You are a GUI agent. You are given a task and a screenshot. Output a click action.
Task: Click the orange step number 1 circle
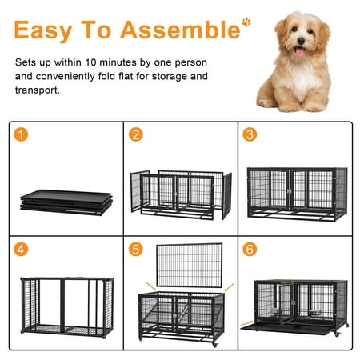click(21, 134)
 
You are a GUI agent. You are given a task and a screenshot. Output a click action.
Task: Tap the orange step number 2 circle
click(136, 134)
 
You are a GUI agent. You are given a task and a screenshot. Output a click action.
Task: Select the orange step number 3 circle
click(250, 134)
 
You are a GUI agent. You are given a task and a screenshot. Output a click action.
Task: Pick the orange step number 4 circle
click(21, 250)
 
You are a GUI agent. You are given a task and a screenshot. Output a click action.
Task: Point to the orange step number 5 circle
click(136, 250)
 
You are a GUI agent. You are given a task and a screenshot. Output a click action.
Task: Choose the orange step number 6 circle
click(250, 250)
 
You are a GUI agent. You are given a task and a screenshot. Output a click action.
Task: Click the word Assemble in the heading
click(180, 30)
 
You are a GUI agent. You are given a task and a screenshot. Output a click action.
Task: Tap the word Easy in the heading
click(43, 31)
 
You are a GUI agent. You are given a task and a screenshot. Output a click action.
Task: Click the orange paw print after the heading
click(246, 22)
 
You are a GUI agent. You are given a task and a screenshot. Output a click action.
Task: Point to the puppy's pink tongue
click(300, 52)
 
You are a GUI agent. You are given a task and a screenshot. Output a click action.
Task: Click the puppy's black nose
click(301, 41)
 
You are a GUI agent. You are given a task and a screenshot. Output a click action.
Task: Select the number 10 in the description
click(90, 62)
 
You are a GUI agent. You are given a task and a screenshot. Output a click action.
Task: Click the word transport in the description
click(38, 90)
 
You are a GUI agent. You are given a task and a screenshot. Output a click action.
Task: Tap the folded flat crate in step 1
click(66, 202)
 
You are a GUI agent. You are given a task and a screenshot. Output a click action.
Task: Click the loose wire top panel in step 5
click(190, 265)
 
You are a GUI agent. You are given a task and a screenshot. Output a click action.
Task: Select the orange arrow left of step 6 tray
click(246, 323)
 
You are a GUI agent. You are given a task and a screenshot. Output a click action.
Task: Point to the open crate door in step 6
click(286, 302)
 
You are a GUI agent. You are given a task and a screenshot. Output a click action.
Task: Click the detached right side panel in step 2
click(226, 196)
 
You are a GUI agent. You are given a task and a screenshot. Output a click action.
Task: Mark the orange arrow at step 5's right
click(229, 287)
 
